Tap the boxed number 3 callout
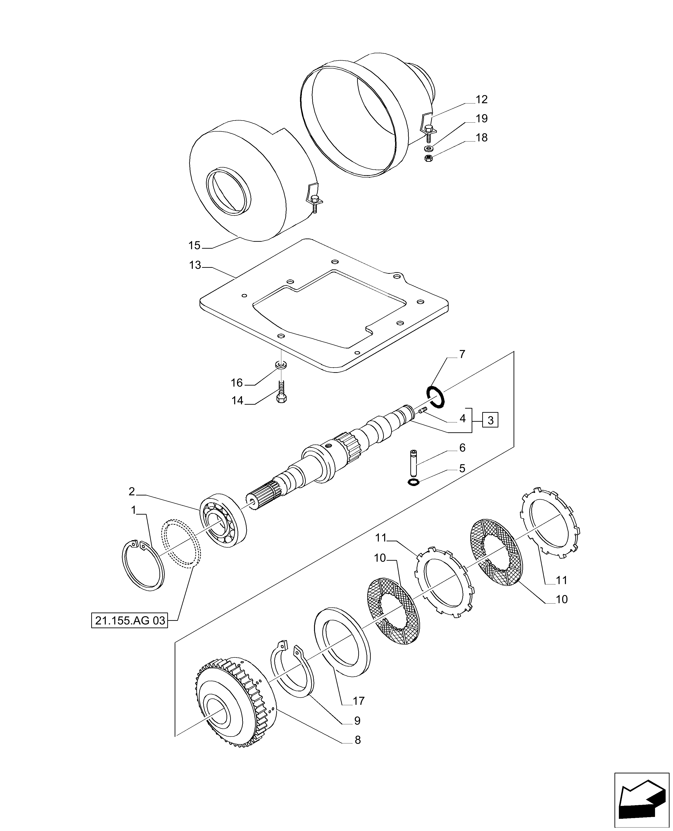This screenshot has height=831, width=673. (490, 420)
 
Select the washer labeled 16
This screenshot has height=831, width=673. (281, 365)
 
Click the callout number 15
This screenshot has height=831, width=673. (194, 245)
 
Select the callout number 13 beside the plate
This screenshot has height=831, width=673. (195, 265)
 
